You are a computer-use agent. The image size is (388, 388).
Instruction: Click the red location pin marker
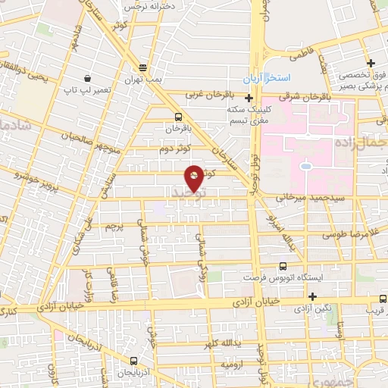coord(195,177)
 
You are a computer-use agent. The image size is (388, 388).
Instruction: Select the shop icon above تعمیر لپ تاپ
coord(88,78)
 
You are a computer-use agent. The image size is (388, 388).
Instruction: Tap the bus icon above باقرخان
coord(178,117)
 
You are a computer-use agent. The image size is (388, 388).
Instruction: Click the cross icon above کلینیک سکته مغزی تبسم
coord(249,97)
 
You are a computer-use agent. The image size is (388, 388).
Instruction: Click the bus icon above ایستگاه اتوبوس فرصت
coord(283,266)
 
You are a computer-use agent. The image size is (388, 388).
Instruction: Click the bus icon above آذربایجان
coord(133,361)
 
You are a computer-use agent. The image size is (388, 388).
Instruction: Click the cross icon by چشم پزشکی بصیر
coord(371,63)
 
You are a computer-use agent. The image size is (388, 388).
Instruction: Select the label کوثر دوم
coord(174,149)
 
